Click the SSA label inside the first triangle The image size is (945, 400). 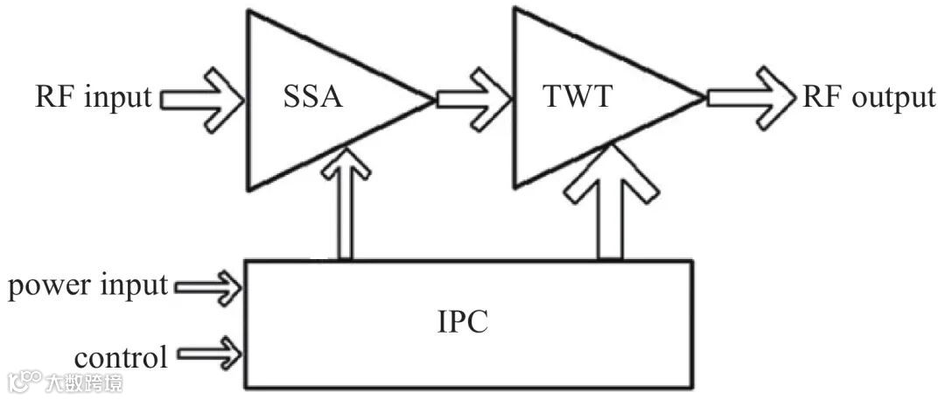pos(311,97)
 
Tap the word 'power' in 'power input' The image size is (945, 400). pos(44,285)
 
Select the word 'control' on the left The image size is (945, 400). pos(121,357)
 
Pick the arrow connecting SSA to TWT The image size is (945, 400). pos(473,97)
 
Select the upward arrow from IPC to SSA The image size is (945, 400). pos(343,207)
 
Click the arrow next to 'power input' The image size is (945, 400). pos(208,285)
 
